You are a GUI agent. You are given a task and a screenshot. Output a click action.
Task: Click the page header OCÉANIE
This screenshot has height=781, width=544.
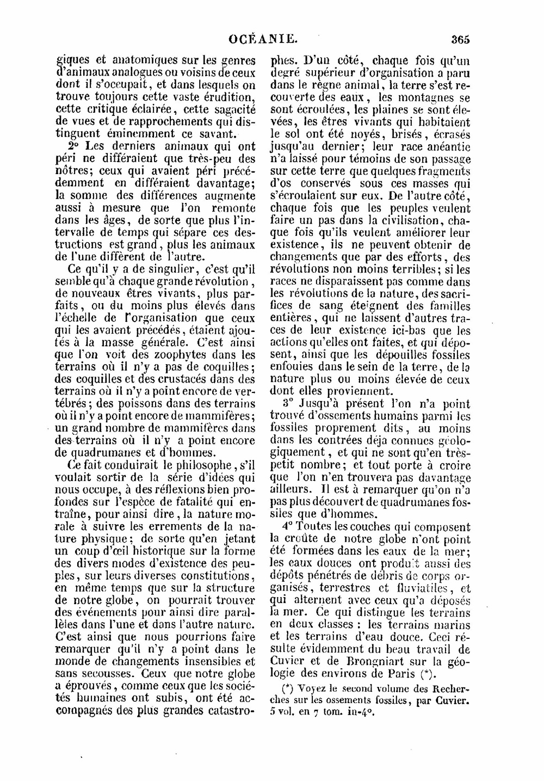(263, 39)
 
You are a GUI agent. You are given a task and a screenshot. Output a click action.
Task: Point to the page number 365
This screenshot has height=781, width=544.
(460, 39)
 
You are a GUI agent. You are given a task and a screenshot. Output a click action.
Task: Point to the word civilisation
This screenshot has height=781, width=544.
(406, 220)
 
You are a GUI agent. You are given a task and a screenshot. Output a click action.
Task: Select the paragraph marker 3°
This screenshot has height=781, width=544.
(288, 404)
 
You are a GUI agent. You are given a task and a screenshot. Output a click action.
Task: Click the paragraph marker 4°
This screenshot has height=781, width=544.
(288, 527)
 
